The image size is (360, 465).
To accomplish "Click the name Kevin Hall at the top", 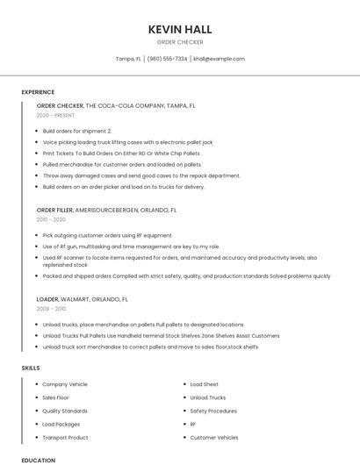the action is pyautogui.click(x=180, y=29).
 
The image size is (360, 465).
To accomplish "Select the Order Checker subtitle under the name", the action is pyautogui.click(x=180, y=42).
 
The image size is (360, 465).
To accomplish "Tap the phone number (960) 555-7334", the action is pyautogui.click(x=167, y=59).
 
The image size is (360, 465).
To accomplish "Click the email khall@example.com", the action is pyautogui.click(x=219, y=59).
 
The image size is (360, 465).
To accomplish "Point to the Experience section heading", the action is pyautogui.click(x=38, y=91).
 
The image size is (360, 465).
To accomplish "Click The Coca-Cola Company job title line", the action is pyautogui.click(x=116, y=105).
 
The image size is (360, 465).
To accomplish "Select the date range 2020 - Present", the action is pyautogui.click(x=55, y=115).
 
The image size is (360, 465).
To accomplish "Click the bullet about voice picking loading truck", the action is pyautogui.click(x=127, y=141).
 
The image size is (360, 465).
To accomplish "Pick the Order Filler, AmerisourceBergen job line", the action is pyautogui.click(x=106, y=211).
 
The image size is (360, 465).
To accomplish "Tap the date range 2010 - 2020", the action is pyautogui.click(x=52, y=220).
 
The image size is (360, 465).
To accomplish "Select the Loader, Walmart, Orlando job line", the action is pyautogui.click(x=83, y=299).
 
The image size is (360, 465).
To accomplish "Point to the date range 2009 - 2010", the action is pyautogui.click(x=52, y=309).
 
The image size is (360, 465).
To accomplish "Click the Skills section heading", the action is pyautogui.click(x=31, y=368).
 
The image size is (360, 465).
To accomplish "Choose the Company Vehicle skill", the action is pyautogui.click(x=65, y=384).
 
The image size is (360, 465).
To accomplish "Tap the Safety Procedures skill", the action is pyautogui.click(x=213, y=411).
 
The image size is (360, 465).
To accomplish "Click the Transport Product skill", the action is pyautogui.click(x=65, y=437).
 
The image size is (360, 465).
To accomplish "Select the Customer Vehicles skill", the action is pyautogui.click(x=214, y=437).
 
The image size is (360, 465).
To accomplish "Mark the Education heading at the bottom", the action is pyautogui.click(x=38, y=460).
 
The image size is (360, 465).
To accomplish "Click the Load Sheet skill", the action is pyautogui.click(x=205, y=384).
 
